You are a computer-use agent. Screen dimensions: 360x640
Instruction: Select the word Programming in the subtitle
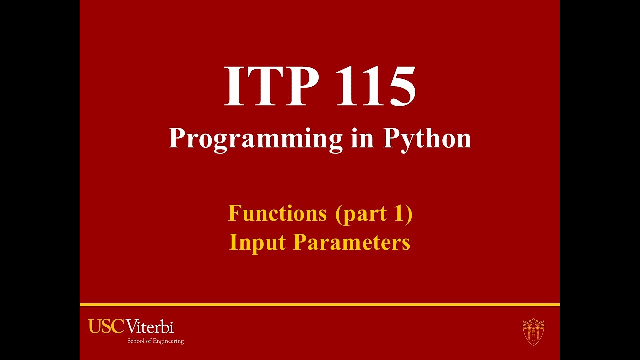pos(255,139)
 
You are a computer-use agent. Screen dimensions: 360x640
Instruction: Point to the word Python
pos(427,139)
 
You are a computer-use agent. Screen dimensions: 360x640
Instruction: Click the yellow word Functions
pos(277,213)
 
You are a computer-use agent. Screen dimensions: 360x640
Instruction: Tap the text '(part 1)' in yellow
pos(374,214)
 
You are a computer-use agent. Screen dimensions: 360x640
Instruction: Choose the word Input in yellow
pos(258,242)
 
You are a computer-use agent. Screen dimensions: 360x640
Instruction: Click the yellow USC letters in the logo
pos(106,327)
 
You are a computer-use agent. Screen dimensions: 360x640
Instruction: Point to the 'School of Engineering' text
pos(155,341)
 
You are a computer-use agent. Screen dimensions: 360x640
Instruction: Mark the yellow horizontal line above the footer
pos(320,304)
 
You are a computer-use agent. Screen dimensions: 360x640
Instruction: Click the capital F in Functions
pos(235,213)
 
